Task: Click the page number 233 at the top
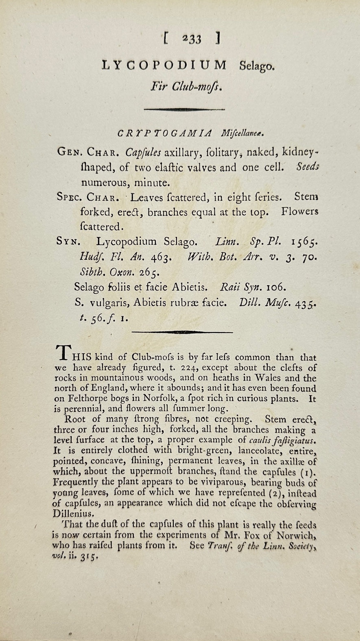192,39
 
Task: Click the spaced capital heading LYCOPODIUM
164,65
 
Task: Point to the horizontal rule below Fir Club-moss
184,109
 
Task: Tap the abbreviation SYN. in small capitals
68,242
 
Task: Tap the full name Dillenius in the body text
73,514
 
